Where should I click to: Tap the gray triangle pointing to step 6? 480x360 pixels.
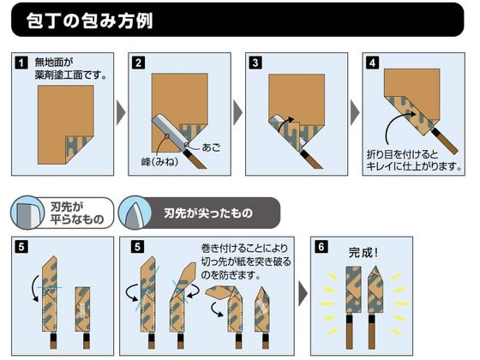tap(303, 295)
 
